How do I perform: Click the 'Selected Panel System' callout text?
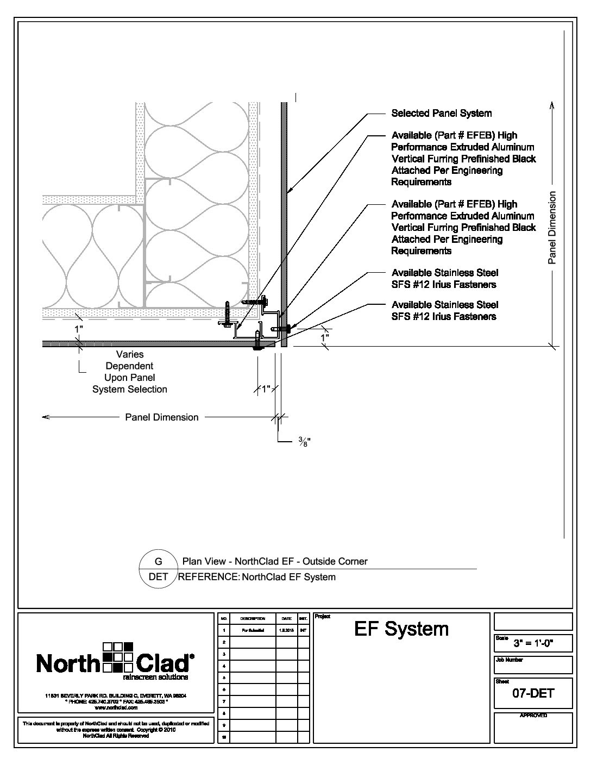441,113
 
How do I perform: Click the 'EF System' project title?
401,629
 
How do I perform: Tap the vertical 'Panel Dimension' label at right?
552,228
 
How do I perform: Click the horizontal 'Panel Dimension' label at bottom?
162,417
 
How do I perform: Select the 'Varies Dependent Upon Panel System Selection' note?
129,372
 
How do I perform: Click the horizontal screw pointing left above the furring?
255,300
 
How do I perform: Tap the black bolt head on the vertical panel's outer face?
288,328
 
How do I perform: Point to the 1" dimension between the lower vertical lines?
266,389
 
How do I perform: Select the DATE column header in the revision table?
286,618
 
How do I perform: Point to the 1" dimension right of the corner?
325,337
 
